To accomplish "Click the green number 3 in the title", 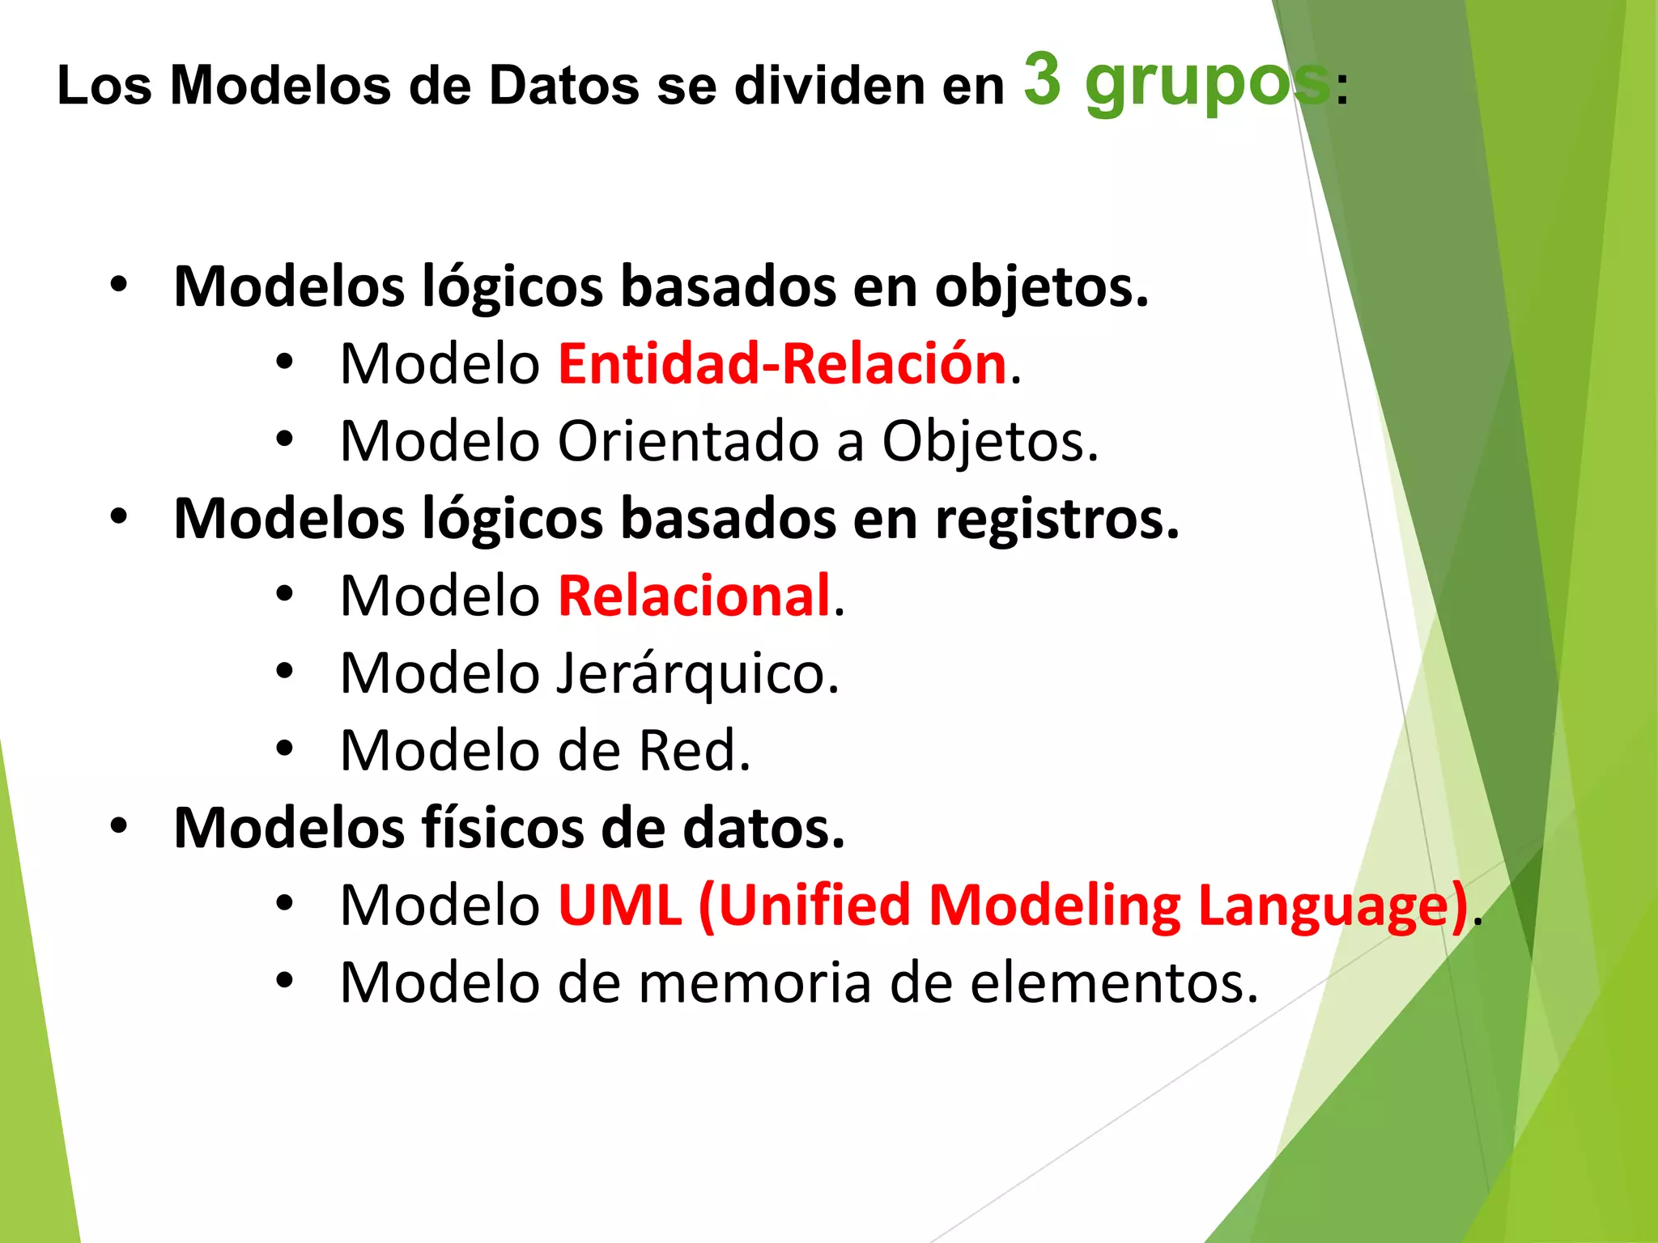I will pyautogui.click(x=1042, y=79).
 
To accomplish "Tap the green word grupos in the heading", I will pyautogui.click(x=1206, y=85).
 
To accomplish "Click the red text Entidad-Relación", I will pyautogui.click(x=782, y=363).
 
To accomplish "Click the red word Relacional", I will pyautogui.click(x=695, y=596).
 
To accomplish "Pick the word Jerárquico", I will pyautogui.click(x=696, y=674).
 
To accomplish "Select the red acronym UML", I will pyautogui.click(x=620, y=905).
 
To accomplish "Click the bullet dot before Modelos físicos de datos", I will pyautogui.click(x=119, y=826).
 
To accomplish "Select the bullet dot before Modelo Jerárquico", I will pyautogui.click(x=284, y=671).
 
